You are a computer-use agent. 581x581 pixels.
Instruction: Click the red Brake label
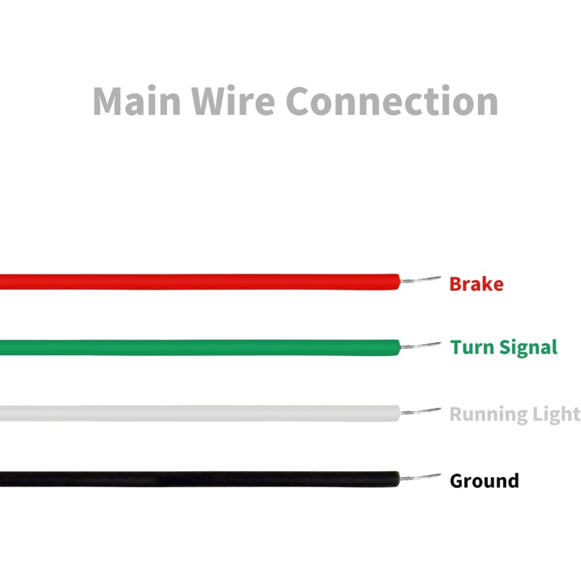tap(476, 284)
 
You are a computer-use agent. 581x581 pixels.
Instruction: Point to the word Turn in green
tap(472, 347)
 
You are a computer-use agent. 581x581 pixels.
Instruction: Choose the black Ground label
tap(484, 481)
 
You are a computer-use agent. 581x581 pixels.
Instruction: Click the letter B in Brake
tap(455, 284)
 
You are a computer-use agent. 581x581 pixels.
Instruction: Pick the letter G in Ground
tap(457, 481)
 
